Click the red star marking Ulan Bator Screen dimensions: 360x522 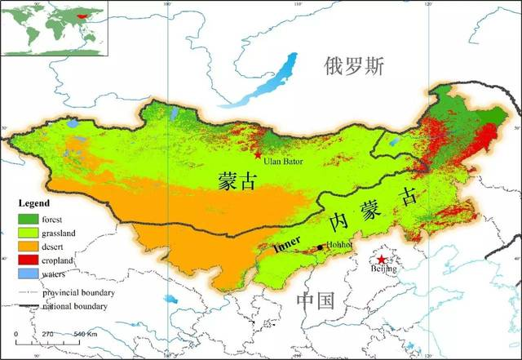(259, 154)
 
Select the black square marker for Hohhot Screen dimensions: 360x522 (320, 247)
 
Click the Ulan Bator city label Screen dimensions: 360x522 (283, 162)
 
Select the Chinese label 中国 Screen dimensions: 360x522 (316, 300)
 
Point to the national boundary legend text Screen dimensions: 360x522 (82, 305)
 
